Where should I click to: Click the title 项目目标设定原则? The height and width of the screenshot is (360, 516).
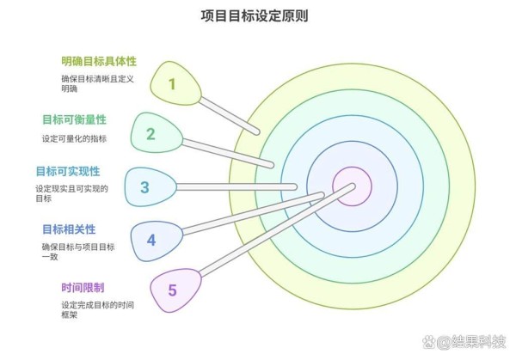click(255, 15)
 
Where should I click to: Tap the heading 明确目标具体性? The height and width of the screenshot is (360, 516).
click(99, 61)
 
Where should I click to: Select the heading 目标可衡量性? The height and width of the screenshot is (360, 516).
click(74, 119)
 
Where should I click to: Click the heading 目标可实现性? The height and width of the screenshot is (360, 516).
click(68, 171)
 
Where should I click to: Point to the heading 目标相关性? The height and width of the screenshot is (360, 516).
click(69, 229)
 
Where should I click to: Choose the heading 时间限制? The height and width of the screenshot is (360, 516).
click(83, 288)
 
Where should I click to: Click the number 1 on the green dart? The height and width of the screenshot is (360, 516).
click(172, 84)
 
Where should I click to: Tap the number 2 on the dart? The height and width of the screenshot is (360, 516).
click(150, 134)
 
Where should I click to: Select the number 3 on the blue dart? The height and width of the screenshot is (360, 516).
click(144, 187)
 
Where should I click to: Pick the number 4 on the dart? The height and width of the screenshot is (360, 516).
click(151, 240)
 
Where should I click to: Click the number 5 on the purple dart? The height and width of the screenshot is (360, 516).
click(172, 290)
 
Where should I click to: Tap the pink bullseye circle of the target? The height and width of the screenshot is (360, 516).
click(352, 186)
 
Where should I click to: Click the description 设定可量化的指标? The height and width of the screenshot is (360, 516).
click(74, 138)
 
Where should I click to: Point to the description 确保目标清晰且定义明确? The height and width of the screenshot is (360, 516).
click(98, 83)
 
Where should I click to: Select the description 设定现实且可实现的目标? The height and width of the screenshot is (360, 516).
click(71, 193)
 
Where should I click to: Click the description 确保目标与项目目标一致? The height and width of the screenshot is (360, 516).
click(78, 252)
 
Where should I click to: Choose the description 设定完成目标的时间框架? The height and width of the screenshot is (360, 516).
click(98, 309)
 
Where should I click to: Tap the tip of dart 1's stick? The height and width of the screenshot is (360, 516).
click(257, 132)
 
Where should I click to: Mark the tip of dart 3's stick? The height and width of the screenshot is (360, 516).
click(295, 187)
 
